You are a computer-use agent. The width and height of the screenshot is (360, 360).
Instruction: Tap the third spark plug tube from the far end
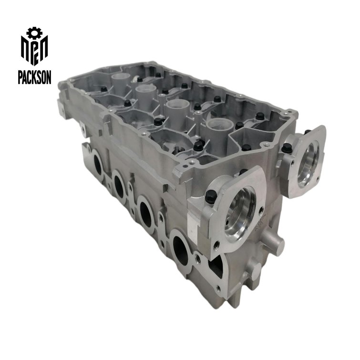click(x=175, y=108)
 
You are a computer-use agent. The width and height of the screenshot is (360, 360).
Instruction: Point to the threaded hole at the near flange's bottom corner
click(x=216, y=245)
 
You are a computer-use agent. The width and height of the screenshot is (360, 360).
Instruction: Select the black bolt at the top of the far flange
click(x=307, y=132)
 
